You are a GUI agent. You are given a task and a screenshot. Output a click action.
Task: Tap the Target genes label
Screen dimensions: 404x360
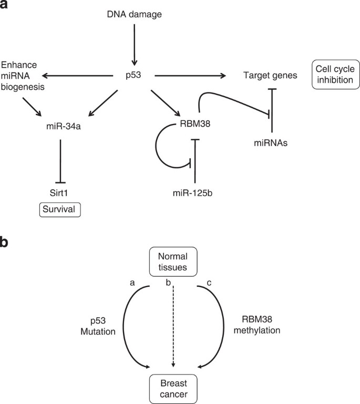270,76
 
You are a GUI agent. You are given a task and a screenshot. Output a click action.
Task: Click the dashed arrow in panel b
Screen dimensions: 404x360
173,326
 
